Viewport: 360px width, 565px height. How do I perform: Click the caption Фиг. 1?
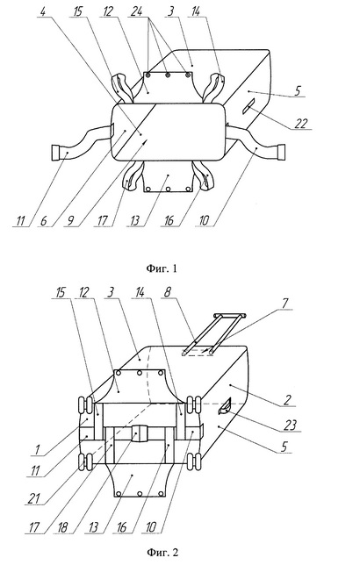pyautogui.click(x=162, y=268)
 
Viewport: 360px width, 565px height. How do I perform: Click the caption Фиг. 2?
pyautogui.click(x=162, y=552)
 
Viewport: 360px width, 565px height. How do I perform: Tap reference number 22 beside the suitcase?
pyautogui.click(x=301, y=123)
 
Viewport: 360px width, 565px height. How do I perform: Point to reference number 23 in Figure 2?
pyautogui.click(x=290, y=426)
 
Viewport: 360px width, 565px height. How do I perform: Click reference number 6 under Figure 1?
pyautogui.click(x=43, y=220)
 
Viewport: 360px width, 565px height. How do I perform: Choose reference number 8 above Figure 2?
pyautogui.click(x=167, y=292)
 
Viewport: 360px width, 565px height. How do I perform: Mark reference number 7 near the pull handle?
pyautogui.click(x=285, y=304)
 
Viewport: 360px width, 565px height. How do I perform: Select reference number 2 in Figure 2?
pyautogui.click(x=287, y=399)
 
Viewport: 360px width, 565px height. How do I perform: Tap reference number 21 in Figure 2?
pyautogui.click(x=34, y=498)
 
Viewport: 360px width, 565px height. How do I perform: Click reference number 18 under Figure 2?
pyautogui.click(x=62, y=527)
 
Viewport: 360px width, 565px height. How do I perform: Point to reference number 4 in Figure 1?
pyautogui.click(x=43, y=11)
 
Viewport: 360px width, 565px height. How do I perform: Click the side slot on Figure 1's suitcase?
pyautogui.click(x=249, y=107)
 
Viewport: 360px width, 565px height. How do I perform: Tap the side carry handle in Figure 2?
pyautogui.click(x=224, y=408)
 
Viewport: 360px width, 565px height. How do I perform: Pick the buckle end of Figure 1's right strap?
pyautogui.click(x=281, y=152)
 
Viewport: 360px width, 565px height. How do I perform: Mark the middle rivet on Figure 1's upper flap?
pyautogui.click(x=168, y=75)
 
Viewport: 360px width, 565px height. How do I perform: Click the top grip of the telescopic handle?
pyautogui.click(x=230, y=316)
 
